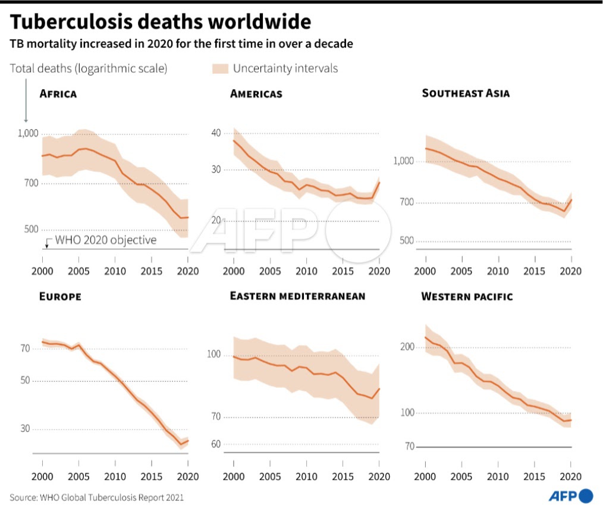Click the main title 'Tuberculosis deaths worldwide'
pyautogui.click(x=161, y=22)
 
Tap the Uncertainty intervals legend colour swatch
pyautogui.click(x=220, y=68)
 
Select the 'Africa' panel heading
pyautogui.click(x=58, y=93)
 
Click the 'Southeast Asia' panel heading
pyautogui.click(x=466, y=93)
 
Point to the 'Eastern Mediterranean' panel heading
pyautogui.click(x=297, y=296)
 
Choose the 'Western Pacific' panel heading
pyautogui.click(x=467, y=296)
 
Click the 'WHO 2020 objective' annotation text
pyautogui.click(x=105, y=240)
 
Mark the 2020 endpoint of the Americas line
pyautogui.click(x=379, y=181)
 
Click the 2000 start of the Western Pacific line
pyautogui.click(x=425, y=337)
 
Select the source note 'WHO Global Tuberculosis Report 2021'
pyautogui.click(x=96, y=497)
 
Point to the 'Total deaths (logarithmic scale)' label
pyautogui.click(x=89, y=68)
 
